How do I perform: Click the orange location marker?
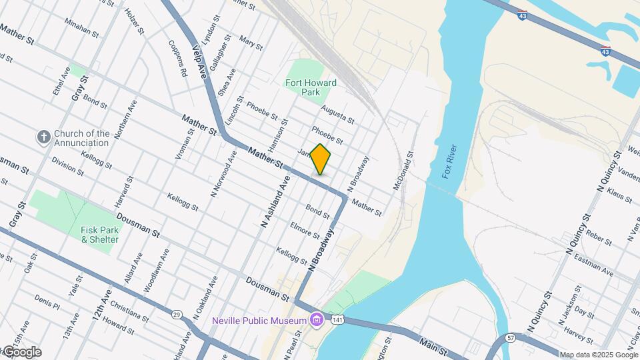[x=321, y=159]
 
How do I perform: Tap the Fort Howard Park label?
[x=311, y=88]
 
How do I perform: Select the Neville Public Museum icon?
[x=316, y=321]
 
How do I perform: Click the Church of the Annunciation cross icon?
[x=44, y=137]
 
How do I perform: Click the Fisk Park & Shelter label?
[x=100, y=235]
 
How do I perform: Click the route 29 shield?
[x=177, y=314]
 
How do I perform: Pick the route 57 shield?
[x=511, y=338]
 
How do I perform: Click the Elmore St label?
[x=305, y=230]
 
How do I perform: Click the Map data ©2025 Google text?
[x=598, y=355]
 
